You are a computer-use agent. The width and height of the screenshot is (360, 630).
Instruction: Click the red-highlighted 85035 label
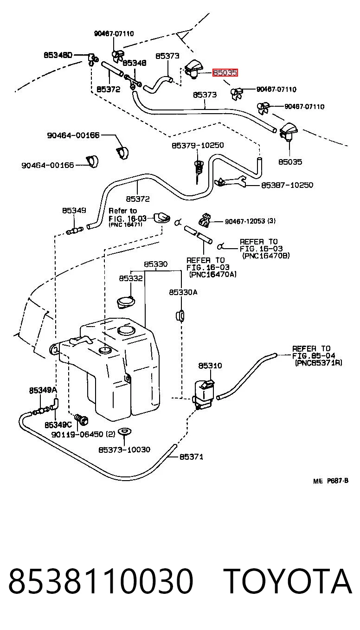click(225, 73)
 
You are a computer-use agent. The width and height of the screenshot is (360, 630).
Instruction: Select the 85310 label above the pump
click(210, 366)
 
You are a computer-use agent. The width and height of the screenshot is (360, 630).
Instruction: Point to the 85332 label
click(131, 278)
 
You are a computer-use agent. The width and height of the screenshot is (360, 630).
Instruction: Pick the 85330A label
click(183, 292)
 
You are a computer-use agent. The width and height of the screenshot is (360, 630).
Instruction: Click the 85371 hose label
click(191, 457)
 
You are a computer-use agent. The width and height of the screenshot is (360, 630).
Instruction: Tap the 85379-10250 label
click(198, 145)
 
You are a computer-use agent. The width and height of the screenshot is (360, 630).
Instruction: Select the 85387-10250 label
click(287, 185)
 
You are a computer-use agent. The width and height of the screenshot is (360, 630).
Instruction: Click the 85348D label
click(58, 55)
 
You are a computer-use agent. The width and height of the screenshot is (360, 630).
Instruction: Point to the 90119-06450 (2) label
click(83, 435)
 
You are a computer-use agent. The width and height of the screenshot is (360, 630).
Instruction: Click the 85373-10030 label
click(124, 450)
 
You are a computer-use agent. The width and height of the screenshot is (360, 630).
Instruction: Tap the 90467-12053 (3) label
click(251, 221)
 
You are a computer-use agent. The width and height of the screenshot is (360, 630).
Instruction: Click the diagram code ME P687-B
click(331, 481)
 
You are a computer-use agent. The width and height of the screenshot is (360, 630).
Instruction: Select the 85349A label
click(43, 390)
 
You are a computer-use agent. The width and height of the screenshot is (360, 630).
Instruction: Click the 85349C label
click(58, 424)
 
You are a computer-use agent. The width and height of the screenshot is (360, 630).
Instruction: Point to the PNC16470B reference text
click(266, 256)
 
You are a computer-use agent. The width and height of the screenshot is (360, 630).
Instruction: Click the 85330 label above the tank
click(156, 264)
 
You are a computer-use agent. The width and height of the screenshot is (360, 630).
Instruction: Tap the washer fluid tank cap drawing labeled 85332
click(126, 302)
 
